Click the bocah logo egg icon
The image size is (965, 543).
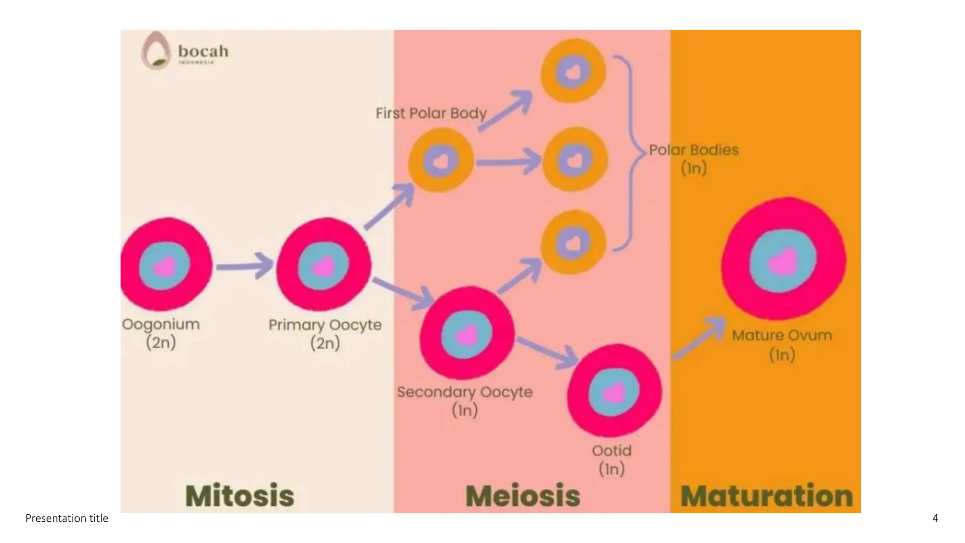point(155,50)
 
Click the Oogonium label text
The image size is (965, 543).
point(161,324)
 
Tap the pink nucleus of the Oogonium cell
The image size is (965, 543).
point(164,266)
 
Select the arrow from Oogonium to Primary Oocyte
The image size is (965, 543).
point(245,266)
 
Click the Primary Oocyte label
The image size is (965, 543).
point(325,325)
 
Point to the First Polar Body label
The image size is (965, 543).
point(431,114)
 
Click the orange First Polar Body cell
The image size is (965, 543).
point(441,161)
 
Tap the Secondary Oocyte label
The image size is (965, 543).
point(465,392)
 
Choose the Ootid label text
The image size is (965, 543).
point(612,451)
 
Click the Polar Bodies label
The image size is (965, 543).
point(694,150)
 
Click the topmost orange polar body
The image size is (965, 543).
point(573,72)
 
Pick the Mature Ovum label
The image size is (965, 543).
point(782,336)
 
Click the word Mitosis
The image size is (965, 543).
point(240,495)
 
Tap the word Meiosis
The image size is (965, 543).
point(523,495)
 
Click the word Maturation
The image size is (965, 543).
point(767,495)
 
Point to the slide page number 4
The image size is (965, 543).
point(935,518)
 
